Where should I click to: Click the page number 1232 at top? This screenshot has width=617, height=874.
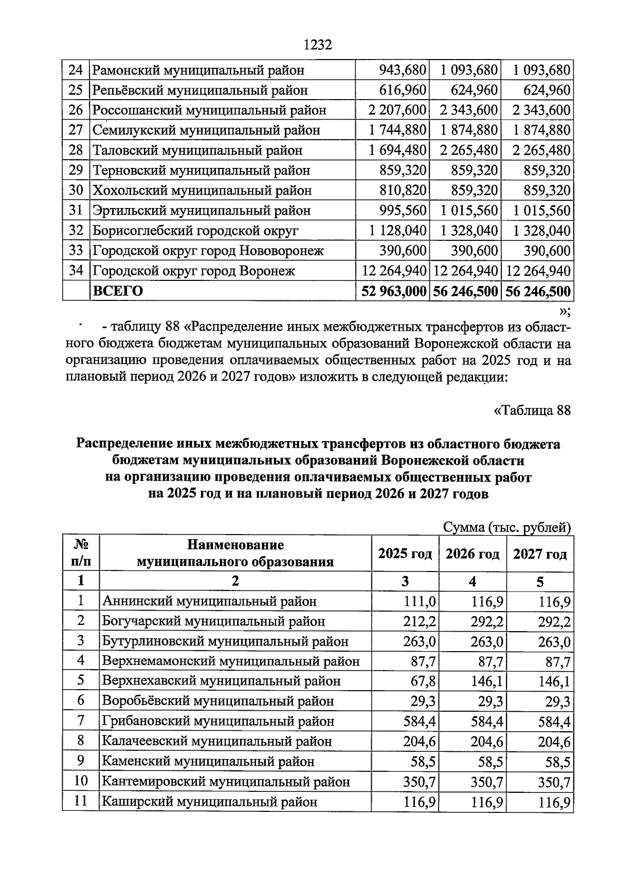click(318, 45)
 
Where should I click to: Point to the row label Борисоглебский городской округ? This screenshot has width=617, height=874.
click(195, 231)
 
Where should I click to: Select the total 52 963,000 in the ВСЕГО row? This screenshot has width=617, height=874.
click(393, 291)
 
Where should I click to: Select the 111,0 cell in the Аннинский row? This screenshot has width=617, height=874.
click(420, 601)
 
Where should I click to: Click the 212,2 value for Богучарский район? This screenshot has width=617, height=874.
click(420, 621)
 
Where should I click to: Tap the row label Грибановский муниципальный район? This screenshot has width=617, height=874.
click(218, 721)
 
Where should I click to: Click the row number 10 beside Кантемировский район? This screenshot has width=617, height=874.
click(81, 781)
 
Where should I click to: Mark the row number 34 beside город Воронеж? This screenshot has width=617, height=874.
click(76, 271)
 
